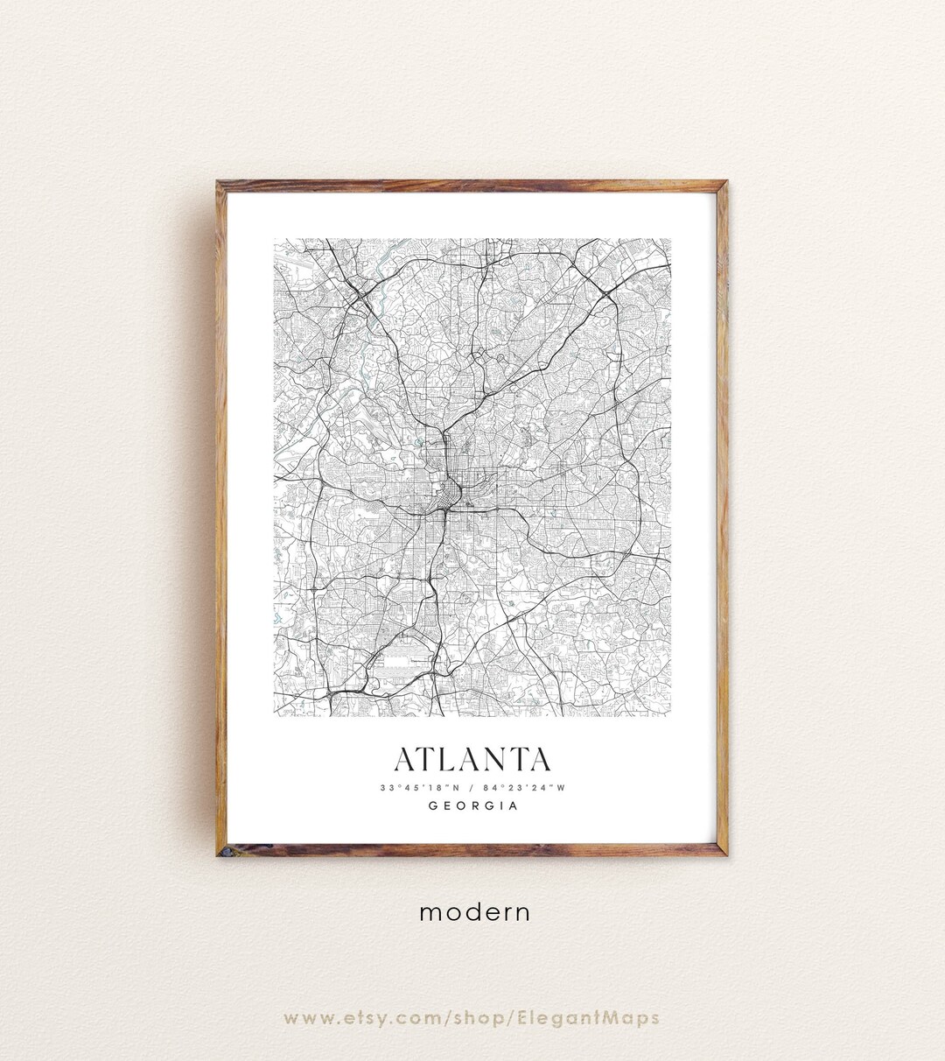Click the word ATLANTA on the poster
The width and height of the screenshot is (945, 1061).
tap(472, 760)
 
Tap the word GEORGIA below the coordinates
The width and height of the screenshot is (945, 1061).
tap(472, 806)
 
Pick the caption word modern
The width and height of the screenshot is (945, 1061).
tap(474, 912)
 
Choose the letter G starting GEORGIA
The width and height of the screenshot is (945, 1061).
tap(433, 806)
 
